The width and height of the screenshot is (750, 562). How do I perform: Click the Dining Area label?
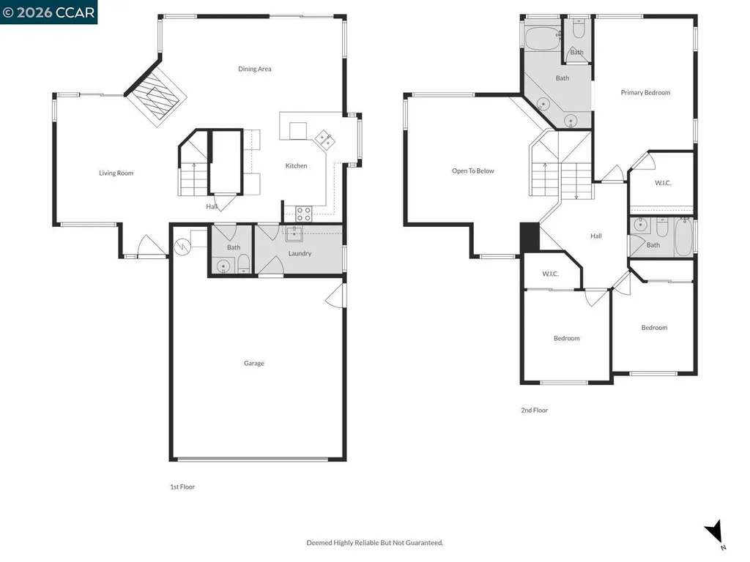point(255,69)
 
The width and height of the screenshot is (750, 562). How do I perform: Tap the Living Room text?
point(116,173)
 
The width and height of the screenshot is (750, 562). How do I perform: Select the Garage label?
point(254,363)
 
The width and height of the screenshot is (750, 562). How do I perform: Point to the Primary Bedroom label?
point(645,93)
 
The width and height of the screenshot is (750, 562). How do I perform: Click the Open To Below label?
point(472,171)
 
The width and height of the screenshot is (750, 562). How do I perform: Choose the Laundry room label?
point(300,254)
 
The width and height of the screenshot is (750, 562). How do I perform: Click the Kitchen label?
point(297,166)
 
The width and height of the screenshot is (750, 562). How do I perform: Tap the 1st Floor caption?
point(182,487)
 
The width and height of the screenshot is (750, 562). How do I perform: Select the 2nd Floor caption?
point(534,411)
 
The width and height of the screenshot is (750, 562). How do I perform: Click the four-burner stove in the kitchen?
point(303,214)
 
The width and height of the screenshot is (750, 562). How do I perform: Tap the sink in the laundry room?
point(294,234)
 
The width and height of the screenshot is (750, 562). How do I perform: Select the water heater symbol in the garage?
point(182,244)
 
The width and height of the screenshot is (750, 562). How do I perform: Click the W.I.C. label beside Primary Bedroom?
point(663,183)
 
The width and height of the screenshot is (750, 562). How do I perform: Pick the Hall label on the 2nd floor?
point(596,236)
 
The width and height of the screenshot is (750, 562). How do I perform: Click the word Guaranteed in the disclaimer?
point(423,543)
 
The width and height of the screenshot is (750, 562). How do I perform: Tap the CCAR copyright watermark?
point(48,12)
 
